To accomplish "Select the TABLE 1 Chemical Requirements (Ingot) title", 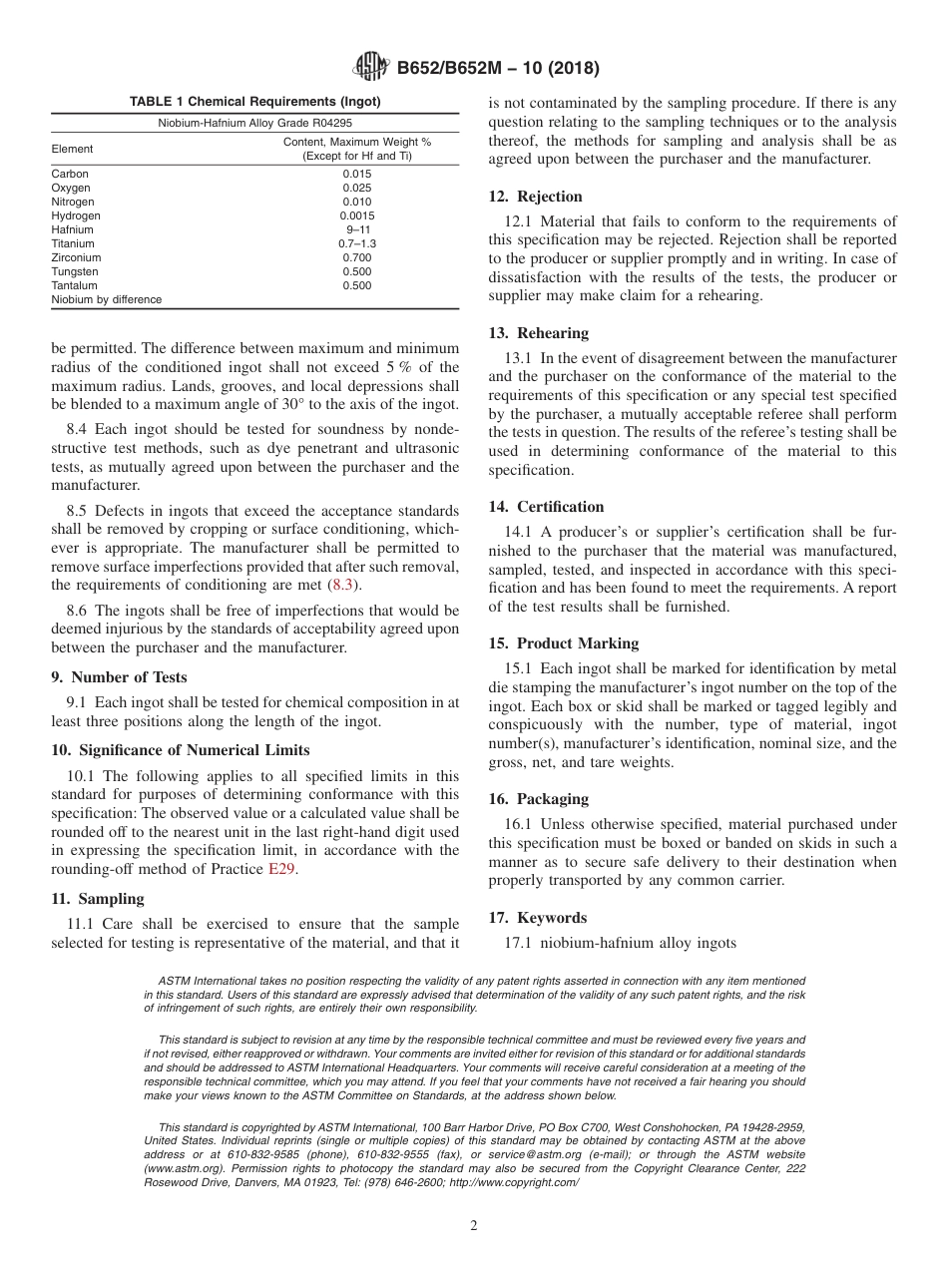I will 254,102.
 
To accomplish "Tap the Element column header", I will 72,149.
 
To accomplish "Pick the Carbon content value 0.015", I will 356,174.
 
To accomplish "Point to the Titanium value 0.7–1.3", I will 356,243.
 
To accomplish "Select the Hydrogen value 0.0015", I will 356,215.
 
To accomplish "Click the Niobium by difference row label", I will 106,299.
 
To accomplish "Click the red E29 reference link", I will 281,868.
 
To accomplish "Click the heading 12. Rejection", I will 535,197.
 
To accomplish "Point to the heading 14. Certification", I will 546,507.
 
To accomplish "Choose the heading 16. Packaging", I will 538,799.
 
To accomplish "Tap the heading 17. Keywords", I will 537,918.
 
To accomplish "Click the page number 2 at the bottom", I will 474,1226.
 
